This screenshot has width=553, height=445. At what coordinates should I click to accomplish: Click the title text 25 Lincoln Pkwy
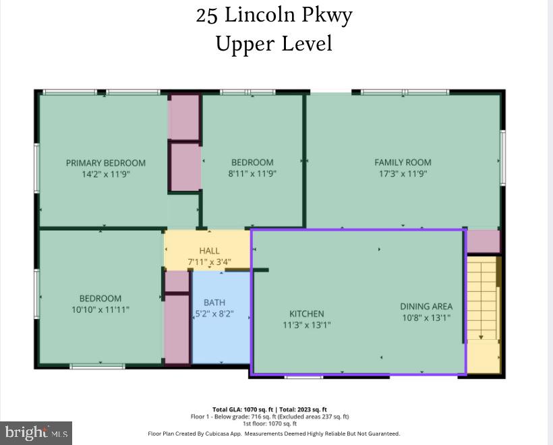click(x=274, y=15)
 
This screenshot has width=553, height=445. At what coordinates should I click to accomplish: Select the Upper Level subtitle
click(x=274, y=44)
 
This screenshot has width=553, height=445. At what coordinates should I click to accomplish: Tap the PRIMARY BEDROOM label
click(x=105, y=162)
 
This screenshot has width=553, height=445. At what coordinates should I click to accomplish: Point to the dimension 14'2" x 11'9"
click(x=105, y=173)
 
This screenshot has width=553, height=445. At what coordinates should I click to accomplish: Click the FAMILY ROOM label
click(x=403, y=162)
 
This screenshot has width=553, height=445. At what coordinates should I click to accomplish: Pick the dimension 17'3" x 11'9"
click(x=403, y=173)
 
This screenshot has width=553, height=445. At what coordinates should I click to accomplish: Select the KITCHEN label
click(x=307, y=314)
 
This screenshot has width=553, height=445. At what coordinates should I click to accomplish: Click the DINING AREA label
click(x=426, y=306)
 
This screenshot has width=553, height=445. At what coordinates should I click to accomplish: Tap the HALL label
click(x=209, y=251)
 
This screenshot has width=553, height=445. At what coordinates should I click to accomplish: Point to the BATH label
click(x=214, y=303)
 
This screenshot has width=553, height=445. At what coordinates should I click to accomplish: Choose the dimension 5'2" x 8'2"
click(x=214, y=314)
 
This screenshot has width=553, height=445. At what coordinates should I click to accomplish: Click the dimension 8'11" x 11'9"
click(x=252, y=173)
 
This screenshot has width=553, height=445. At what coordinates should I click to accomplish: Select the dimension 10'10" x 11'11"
click(x=100, y=309)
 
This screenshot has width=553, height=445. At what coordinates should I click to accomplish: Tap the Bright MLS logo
click(x=36, y=432)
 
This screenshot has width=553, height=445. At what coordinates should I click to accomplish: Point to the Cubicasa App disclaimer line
click(x=274, y=434)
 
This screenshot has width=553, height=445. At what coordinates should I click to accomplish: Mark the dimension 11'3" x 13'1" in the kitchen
click(x=307, y=324)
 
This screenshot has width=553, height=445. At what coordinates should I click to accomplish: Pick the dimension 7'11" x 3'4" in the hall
click(x=209, y=262)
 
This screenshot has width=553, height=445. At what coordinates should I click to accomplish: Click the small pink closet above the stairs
click(x=484, y=241)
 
